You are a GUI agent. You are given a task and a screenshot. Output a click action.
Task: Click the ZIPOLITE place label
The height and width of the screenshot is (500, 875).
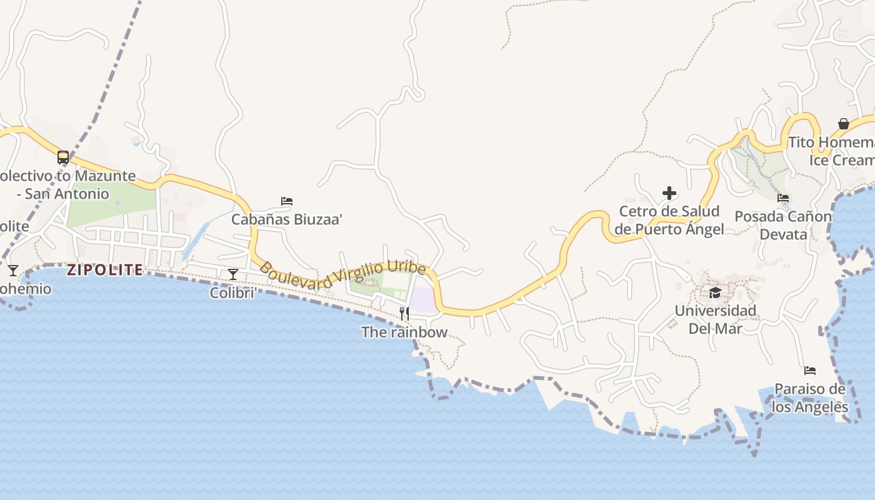(x=104, y=270)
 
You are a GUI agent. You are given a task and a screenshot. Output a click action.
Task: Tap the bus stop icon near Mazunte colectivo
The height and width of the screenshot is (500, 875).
(x=63, y=157)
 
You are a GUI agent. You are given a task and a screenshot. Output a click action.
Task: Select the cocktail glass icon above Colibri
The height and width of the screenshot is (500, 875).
(x=233, y=274)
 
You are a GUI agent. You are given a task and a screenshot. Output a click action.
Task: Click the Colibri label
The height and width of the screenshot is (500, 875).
(x=233, y=292)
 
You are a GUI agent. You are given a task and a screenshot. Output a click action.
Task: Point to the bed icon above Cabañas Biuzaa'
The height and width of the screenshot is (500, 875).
(x=287, y=201)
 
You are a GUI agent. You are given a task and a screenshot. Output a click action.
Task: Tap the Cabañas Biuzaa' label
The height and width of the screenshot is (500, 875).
(x=287, y=219)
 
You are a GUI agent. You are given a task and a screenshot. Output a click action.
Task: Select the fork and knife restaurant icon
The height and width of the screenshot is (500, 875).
(x=404, y=313)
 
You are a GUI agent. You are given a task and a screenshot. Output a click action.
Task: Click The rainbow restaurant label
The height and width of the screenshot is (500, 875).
(x=404, y=332)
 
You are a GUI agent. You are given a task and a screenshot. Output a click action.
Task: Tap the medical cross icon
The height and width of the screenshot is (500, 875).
(x=669, y=193)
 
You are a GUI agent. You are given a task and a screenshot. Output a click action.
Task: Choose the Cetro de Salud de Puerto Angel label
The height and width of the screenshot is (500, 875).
(x=669, y=220)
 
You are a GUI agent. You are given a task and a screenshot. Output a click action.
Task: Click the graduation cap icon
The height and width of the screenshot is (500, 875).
(x=715, y=292)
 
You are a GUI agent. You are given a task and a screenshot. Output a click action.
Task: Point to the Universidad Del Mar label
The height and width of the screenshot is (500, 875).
(x=715, y=319)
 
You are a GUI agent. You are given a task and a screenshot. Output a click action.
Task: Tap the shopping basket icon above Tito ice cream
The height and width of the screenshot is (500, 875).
(x=844, y=124)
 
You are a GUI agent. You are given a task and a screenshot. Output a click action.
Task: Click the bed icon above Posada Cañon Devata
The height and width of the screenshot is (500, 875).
(x=783, y=198)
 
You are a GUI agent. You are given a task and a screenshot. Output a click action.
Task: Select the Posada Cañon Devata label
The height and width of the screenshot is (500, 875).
(x=783, y=225)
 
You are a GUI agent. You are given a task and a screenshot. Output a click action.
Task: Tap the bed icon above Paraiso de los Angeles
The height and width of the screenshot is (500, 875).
(x=810, y=371)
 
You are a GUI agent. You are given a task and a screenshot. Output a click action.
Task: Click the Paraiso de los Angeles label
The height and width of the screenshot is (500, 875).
(x=810, y=398)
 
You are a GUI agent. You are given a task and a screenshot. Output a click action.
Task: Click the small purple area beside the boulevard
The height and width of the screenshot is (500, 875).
(x=423, y=299)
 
